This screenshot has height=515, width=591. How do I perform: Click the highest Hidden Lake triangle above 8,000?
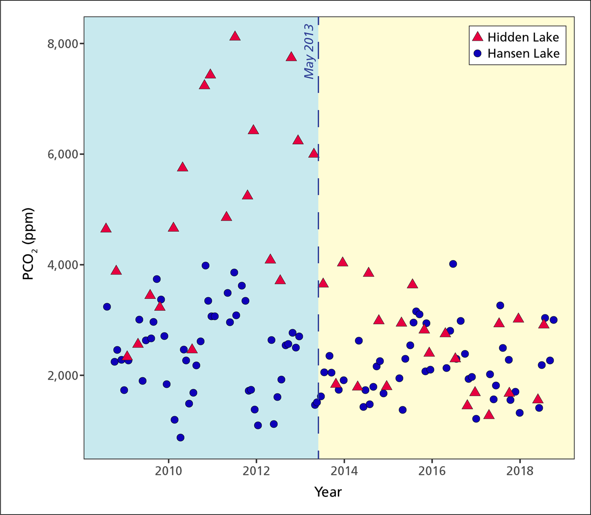tap(235, 36)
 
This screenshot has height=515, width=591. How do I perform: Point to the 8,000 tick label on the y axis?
tap(63, 44)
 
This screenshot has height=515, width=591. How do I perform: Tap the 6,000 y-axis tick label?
tap(63, 155)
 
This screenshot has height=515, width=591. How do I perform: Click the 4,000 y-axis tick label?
tap(63, 265)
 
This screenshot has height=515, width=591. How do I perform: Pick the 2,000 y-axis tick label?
tap(63, 375)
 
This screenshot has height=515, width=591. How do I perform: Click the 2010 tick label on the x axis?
tap(169, 470)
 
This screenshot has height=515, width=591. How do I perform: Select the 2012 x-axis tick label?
tap(257, 470)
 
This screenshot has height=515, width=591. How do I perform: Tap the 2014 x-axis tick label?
tap(345, 470)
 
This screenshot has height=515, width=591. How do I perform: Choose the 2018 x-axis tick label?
tap(520, 470)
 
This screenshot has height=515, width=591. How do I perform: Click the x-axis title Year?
tap(328, 491)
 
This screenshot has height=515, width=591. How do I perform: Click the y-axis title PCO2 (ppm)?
tap(29, 244)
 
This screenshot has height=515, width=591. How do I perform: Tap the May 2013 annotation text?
tap(309, 52)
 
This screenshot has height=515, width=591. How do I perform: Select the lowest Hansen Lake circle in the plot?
tap(180, 438)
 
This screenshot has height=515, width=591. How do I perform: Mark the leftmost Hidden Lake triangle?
tap(106, 228)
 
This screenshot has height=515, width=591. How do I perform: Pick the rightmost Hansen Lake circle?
tap(553, 320)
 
